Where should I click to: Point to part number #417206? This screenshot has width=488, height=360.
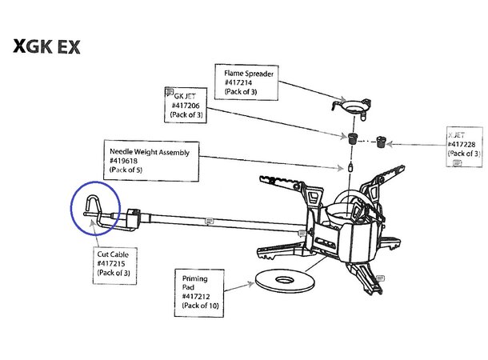[186, 104]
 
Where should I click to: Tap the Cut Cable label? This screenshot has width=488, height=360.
[113, 254]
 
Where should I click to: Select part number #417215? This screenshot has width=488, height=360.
[112, 263]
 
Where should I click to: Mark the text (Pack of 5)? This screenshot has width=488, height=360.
[128, 169]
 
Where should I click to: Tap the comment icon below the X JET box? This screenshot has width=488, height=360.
[457, 162]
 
